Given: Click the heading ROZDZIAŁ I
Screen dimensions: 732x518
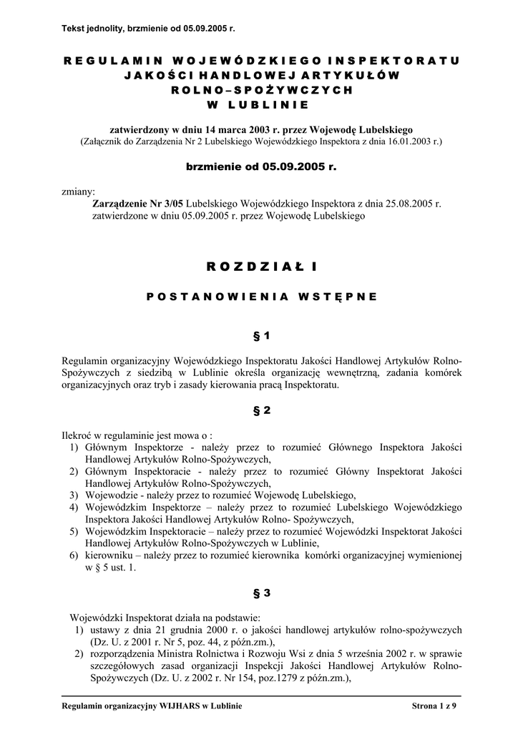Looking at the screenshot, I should [258, 267].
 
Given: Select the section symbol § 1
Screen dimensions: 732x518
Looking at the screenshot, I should [258, 335].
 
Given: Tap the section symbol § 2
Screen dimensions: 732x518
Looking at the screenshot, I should [258, 410].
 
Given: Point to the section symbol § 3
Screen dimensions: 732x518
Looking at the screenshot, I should [258, 593].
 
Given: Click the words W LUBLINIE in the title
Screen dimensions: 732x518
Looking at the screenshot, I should [258, 105].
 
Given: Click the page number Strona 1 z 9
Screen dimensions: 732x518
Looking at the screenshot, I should [435, 706].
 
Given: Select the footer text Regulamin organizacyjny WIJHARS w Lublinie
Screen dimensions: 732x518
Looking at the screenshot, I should [152, 706].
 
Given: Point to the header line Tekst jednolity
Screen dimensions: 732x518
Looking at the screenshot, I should [149, 29].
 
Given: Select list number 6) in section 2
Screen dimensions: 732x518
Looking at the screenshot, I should [74, 555].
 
